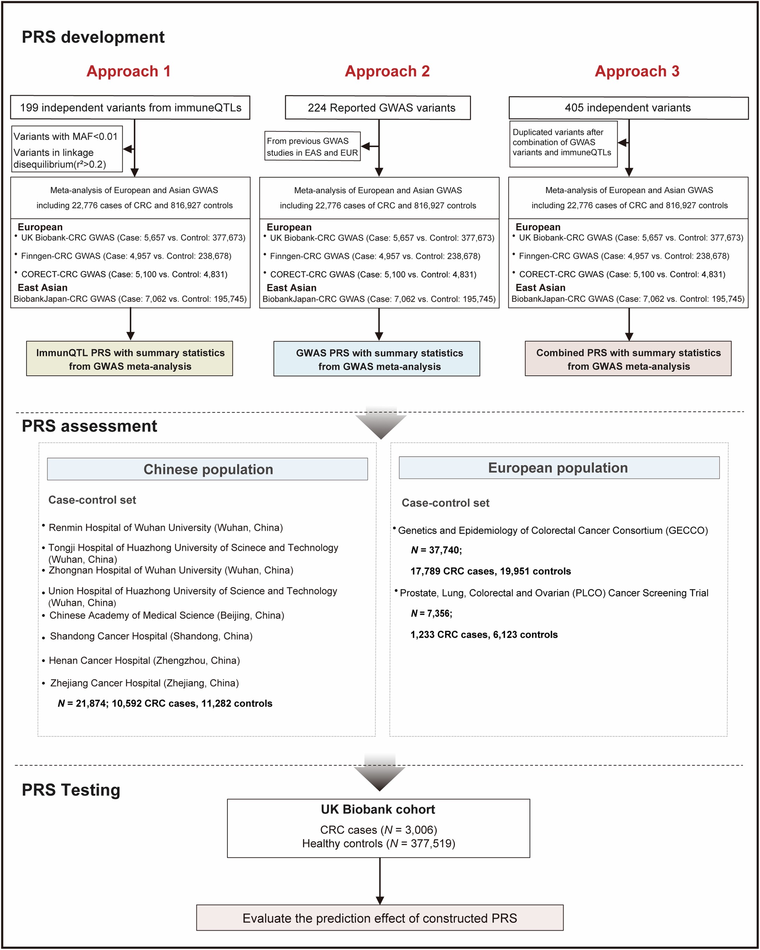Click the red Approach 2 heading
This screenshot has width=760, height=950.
[x=387, y=71]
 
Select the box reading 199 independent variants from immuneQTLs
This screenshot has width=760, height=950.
[x=130, y=108]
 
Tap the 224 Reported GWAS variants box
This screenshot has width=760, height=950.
[x=378, y=108]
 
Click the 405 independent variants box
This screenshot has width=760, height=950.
[x=628, y=108]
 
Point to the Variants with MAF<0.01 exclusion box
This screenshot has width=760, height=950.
[x=66, y=149]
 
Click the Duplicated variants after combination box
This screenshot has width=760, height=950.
[x=563, y=144]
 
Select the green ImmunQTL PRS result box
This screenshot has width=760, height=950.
[x=129, y=359]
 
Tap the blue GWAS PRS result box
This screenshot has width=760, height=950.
[x=377, y=359]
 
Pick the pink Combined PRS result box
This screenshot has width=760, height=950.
[x=628, y=359]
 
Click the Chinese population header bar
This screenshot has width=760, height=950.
[x=207, y=469]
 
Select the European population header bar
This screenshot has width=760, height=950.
[x=559, y=468]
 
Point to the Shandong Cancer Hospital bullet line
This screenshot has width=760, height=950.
[x=151, y=636]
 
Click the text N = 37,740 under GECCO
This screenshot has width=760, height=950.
[x=436, y=550]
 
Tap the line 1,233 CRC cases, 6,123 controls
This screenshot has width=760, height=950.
[x=484, y=635]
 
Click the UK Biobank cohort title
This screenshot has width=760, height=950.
[x=378, y=809]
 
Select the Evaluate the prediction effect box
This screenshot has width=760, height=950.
[x=379, y=918]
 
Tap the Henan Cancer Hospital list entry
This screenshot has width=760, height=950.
[x=144, y=661]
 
